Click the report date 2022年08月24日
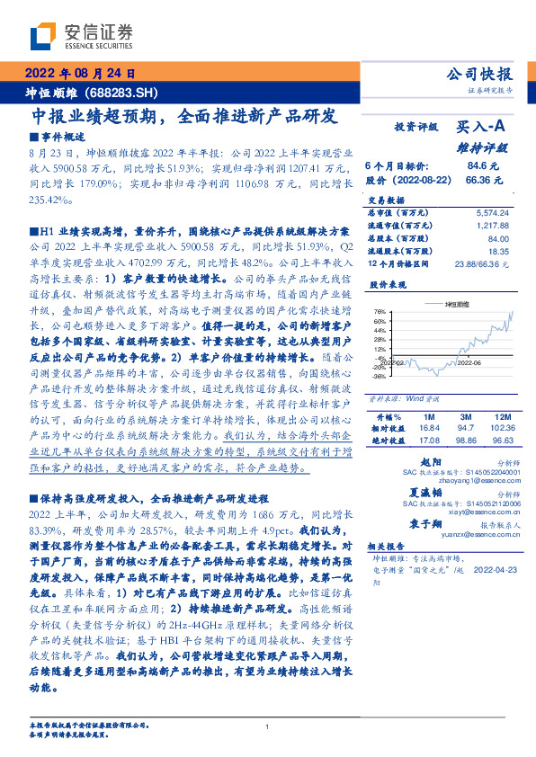point(80,75)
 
